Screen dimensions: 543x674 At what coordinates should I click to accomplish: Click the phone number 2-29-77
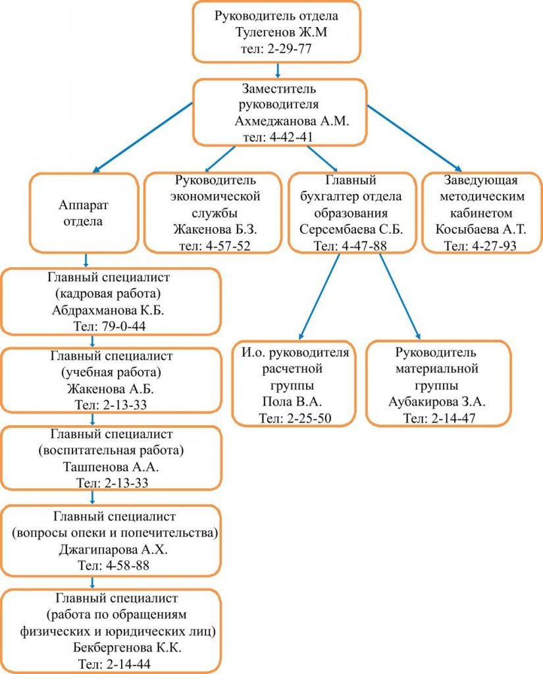click(x=290, y=49)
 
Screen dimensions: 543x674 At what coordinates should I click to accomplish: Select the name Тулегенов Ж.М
click(x=281, y=32)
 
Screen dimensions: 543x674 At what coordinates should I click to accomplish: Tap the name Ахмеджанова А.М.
click(x=292, y=121)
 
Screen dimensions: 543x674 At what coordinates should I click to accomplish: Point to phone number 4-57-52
click(x=228, y=246)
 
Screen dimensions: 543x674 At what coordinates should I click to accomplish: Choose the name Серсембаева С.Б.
click(x=351, y=229)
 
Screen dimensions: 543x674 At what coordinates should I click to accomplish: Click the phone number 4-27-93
click(x=494, y=246)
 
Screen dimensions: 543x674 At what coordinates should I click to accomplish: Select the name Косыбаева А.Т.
click(x=480, y=229)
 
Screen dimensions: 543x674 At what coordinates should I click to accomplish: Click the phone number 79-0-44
click(x=124, y=326)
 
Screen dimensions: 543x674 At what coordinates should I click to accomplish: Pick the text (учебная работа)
click(x=111, y=373)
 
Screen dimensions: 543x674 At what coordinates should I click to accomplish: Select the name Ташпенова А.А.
click(x=111, y=467)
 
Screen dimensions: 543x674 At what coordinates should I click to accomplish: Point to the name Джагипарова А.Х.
click(x=113, y=550)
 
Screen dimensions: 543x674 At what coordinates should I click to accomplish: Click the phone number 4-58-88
click(x=127, y=565)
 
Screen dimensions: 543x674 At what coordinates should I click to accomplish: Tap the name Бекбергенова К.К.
click(x=127, y=648)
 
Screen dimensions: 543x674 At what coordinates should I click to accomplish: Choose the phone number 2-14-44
click(x=128, y=664)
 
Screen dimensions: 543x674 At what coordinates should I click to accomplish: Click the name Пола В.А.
click(x=292, y=402)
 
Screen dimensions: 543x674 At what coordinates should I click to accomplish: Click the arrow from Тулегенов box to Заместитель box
click(x=278, y=70)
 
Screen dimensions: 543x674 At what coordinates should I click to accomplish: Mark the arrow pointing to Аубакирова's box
click(x=400, y=297)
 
